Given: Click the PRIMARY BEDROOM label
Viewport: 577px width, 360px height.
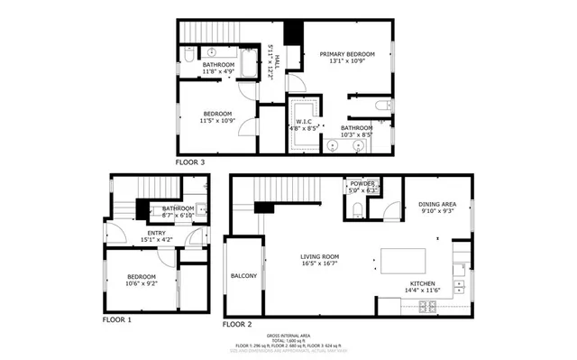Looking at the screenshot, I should [x=346, y=55].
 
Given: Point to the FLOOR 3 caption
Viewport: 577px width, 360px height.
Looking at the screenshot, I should [x=190, y=162].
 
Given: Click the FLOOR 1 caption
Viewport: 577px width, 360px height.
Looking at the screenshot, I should [x=116, y=319].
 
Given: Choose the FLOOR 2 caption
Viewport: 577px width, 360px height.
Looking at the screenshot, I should [x=237, y=323].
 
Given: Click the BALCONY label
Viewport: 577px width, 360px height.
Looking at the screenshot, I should [x=243, y=275].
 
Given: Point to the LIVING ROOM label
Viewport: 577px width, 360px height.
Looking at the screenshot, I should [x=319, y=256].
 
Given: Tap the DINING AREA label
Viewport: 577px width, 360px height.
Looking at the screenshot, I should [x=439, y=205].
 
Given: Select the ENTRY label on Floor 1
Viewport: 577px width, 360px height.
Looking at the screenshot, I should [x=156, y=233].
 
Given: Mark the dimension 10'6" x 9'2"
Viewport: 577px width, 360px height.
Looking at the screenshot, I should [x=142, y=283].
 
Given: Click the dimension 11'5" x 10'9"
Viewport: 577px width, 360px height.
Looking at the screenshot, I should [x=217, y=120].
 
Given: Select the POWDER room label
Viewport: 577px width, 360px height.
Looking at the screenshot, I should [x=362, y=184].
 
